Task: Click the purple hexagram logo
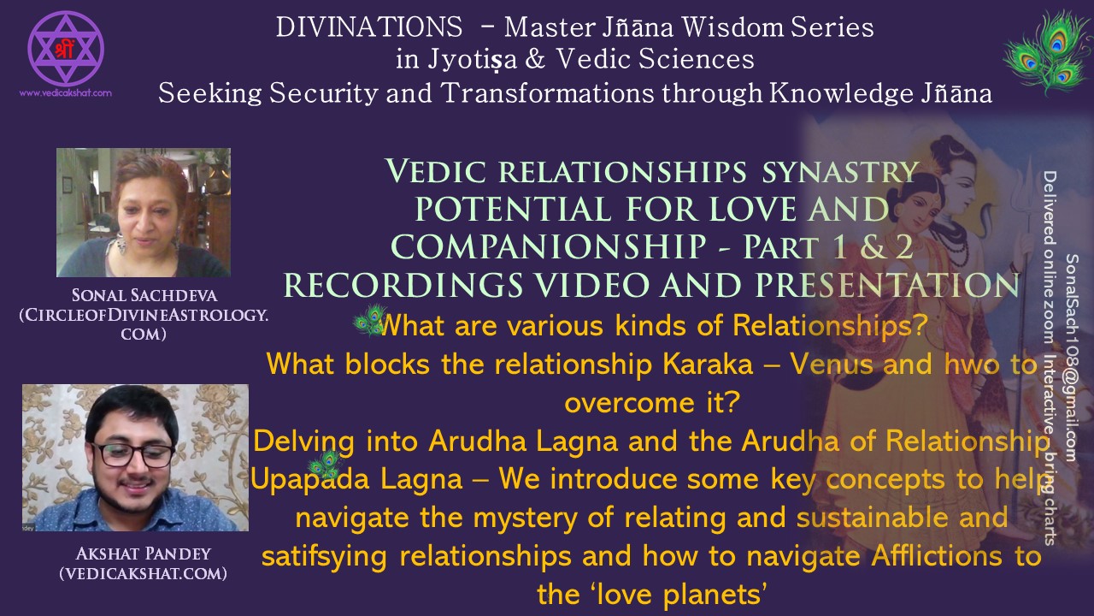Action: coord(66,48)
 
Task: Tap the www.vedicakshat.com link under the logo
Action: coord(66,93)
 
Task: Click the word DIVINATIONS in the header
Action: coord(369,27)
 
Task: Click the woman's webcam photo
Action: coord(144,213)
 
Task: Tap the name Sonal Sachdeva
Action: coord(144,295)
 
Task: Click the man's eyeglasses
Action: coord(132,454)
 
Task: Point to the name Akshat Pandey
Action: coord(143,554)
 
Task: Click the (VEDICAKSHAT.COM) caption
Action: coord(143,573)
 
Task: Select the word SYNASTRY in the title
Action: coord(839,172)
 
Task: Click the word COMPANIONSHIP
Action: coord(549,246)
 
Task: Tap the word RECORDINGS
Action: coord(403,285)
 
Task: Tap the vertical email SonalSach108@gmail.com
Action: coord(1071,358)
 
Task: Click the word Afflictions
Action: coord(936,556)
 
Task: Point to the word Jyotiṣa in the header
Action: coord(473,60)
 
